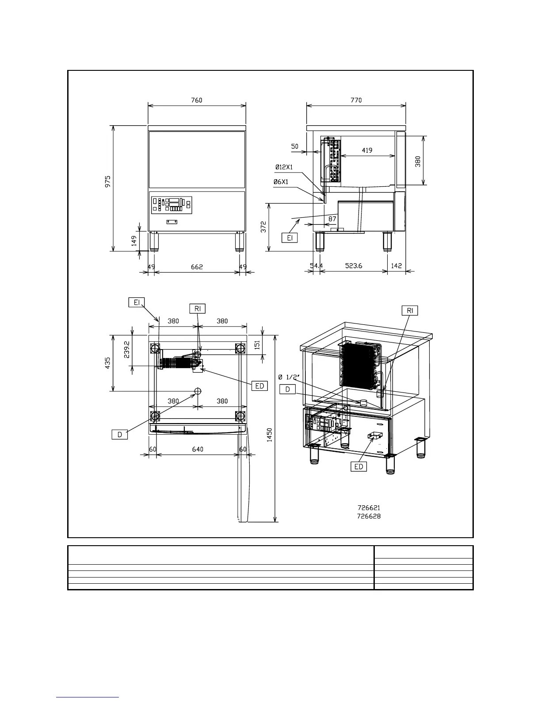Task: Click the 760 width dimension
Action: click(197, 100)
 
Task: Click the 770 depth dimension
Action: click(356, 100)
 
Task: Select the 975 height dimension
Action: click(107, 181)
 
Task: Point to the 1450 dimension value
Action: click(269, 435)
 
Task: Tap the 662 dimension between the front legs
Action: click(197, 267)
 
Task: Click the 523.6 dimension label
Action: click(354, 266)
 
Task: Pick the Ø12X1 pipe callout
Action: click(284, 167)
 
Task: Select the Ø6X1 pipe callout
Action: click(281, 182)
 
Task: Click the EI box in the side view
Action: click(290, 238)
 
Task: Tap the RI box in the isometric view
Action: click(410, 310)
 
